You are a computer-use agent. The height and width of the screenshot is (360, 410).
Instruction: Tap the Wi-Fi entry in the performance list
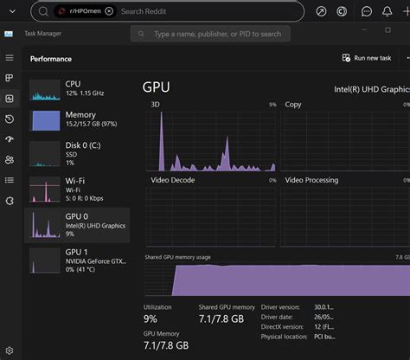(x=78, y=186)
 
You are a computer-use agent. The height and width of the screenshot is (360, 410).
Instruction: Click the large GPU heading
(x=156, y=87)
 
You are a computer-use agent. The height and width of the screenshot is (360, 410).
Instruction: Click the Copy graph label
(x=293, y=105)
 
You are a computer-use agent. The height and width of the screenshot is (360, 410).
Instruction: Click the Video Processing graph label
(x=311, y=180)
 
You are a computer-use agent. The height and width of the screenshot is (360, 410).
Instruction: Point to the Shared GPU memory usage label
(x=179, y=257)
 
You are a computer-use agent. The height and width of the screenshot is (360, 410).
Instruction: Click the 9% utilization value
(x=150, y=320)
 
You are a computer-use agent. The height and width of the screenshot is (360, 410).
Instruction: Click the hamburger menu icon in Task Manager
(x=10, y=58)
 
